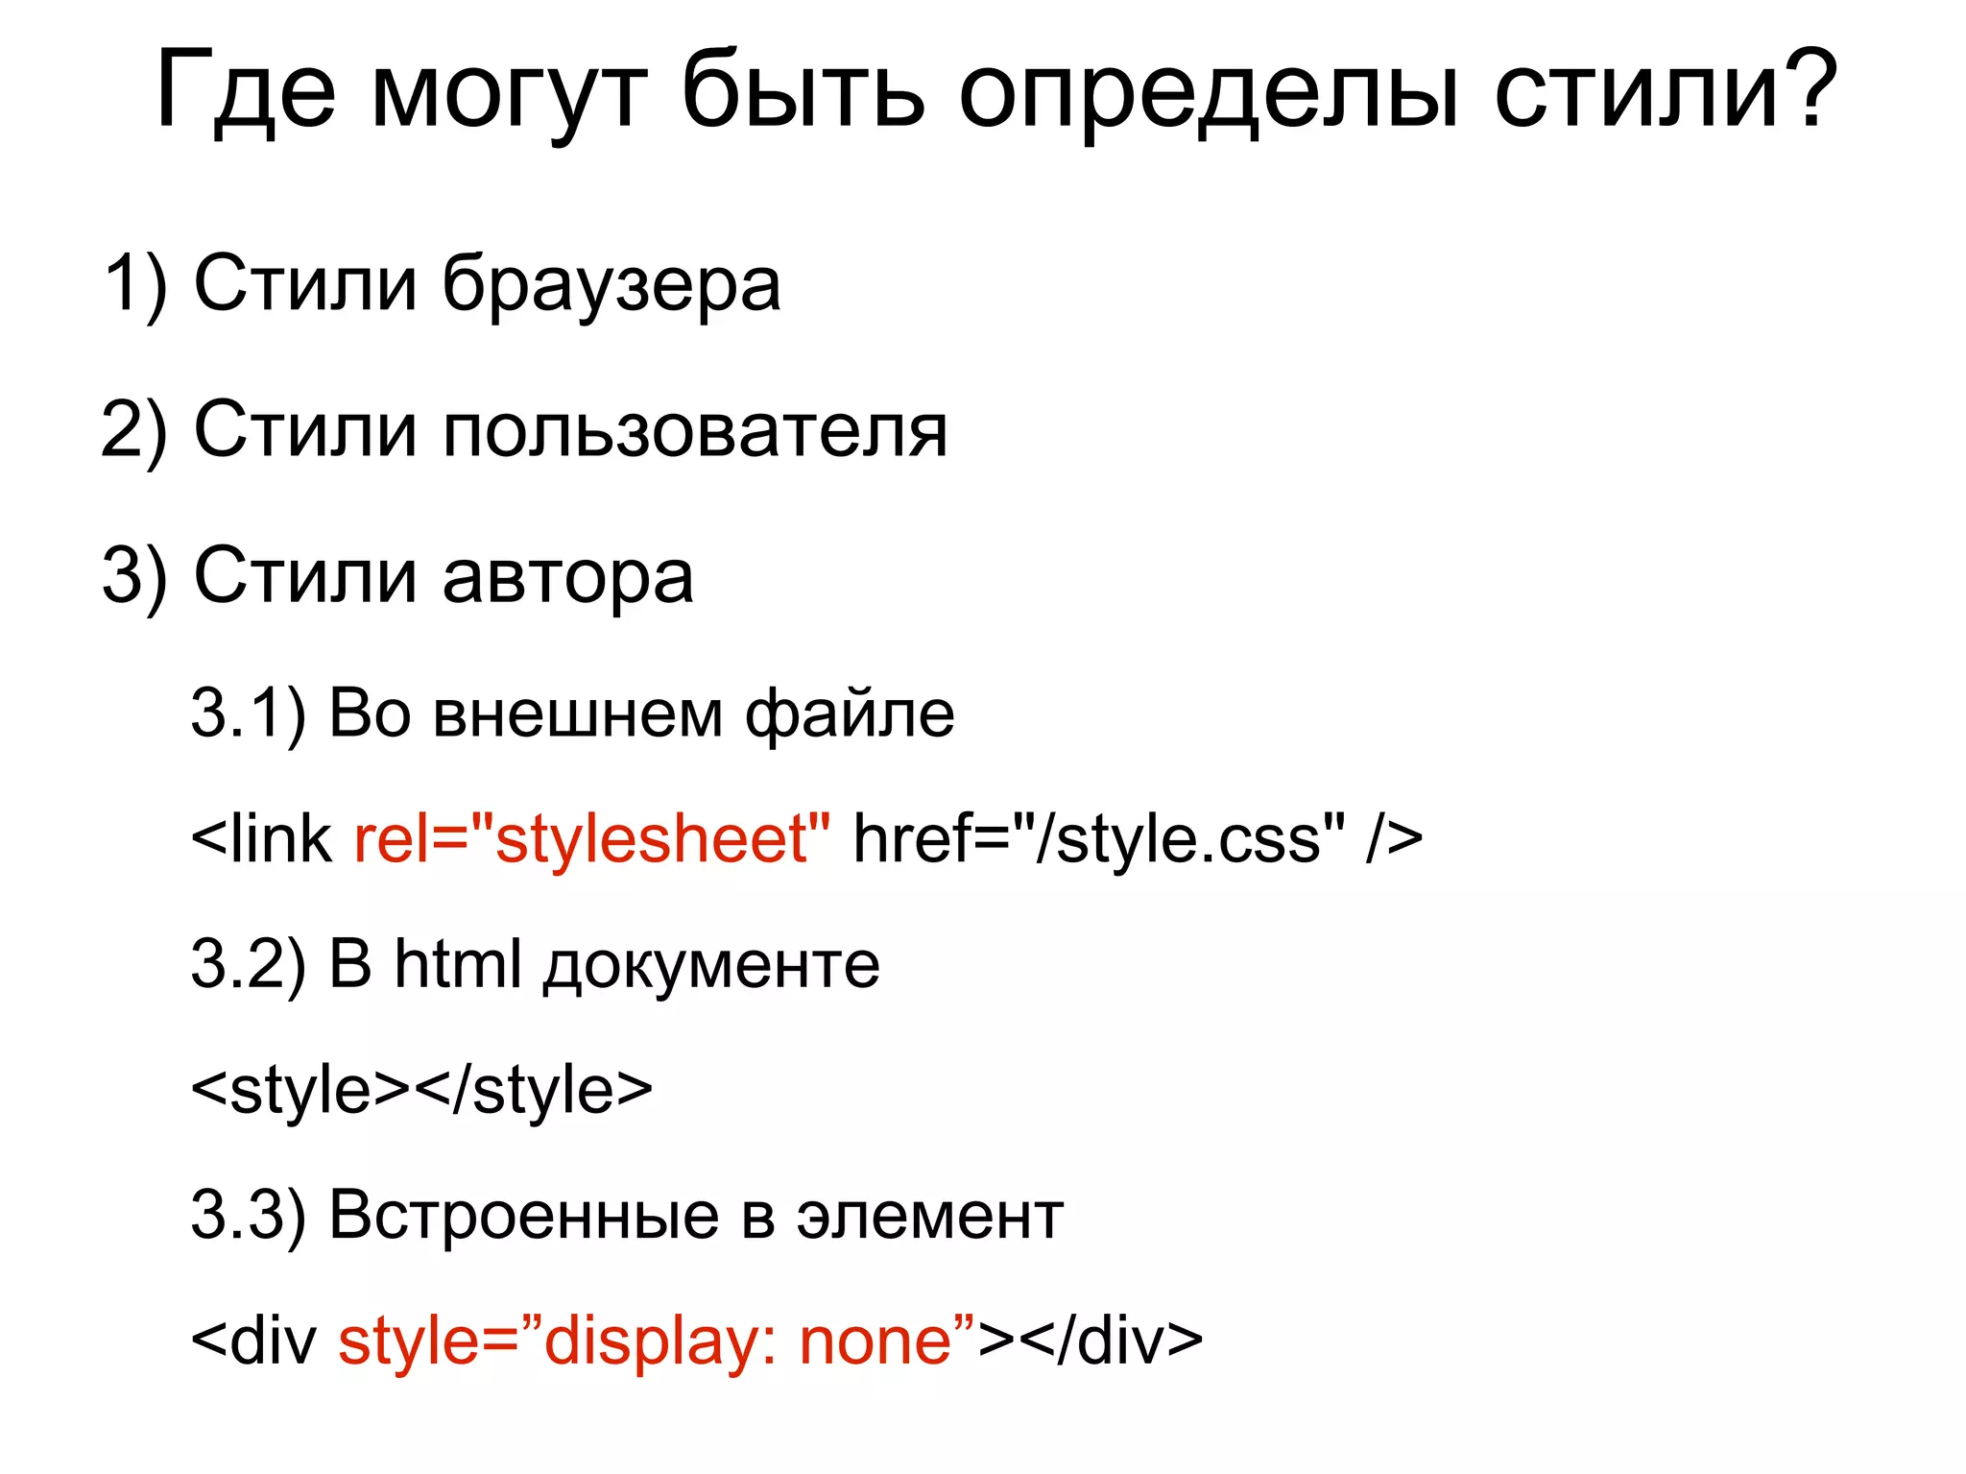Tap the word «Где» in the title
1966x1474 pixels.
tap(246, 92)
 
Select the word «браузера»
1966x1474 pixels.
tap(611, 286)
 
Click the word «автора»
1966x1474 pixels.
tap(567, 578)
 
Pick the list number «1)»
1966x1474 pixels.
tap(135, 284)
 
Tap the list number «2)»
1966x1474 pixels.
tap(135, 430)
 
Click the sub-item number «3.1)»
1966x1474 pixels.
tap(248, 714)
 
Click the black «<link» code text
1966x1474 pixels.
tap(261, 838)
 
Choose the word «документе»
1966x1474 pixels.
tap(711, 966)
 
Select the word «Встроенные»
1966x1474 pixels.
tap(524, 1216)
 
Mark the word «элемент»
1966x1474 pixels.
tap(929, 1218)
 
